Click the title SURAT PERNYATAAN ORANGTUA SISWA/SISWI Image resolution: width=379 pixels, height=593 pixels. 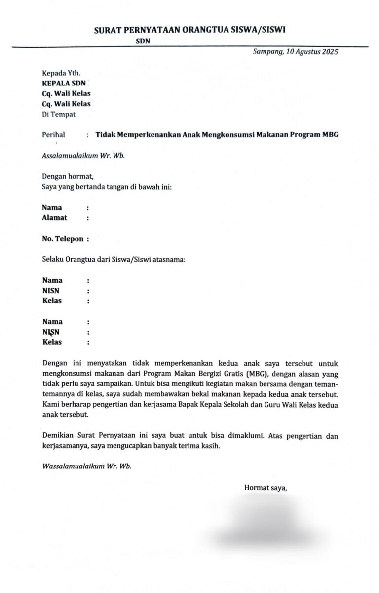coord(189,30)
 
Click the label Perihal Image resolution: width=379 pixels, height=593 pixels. coord(53,135)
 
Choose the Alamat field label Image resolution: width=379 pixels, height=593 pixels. coord(54,218)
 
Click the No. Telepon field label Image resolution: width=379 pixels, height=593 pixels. coord(62,239)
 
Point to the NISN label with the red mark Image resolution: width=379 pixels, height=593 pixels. coord(51,332)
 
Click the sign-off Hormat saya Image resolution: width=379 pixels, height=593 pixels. coord(265,488)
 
